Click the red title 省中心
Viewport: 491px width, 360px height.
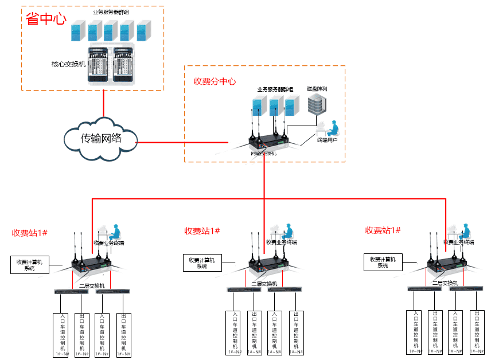46,18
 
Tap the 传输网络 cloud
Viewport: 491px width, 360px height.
101,138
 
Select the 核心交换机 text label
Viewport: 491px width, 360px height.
68,64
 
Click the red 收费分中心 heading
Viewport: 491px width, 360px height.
215,81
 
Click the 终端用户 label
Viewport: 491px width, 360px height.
327,140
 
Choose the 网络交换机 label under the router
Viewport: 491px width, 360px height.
264,153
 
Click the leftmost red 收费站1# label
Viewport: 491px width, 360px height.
29,233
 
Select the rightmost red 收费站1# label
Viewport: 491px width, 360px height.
383,230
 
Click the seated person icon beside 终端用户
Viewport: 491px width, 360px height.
333,128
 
